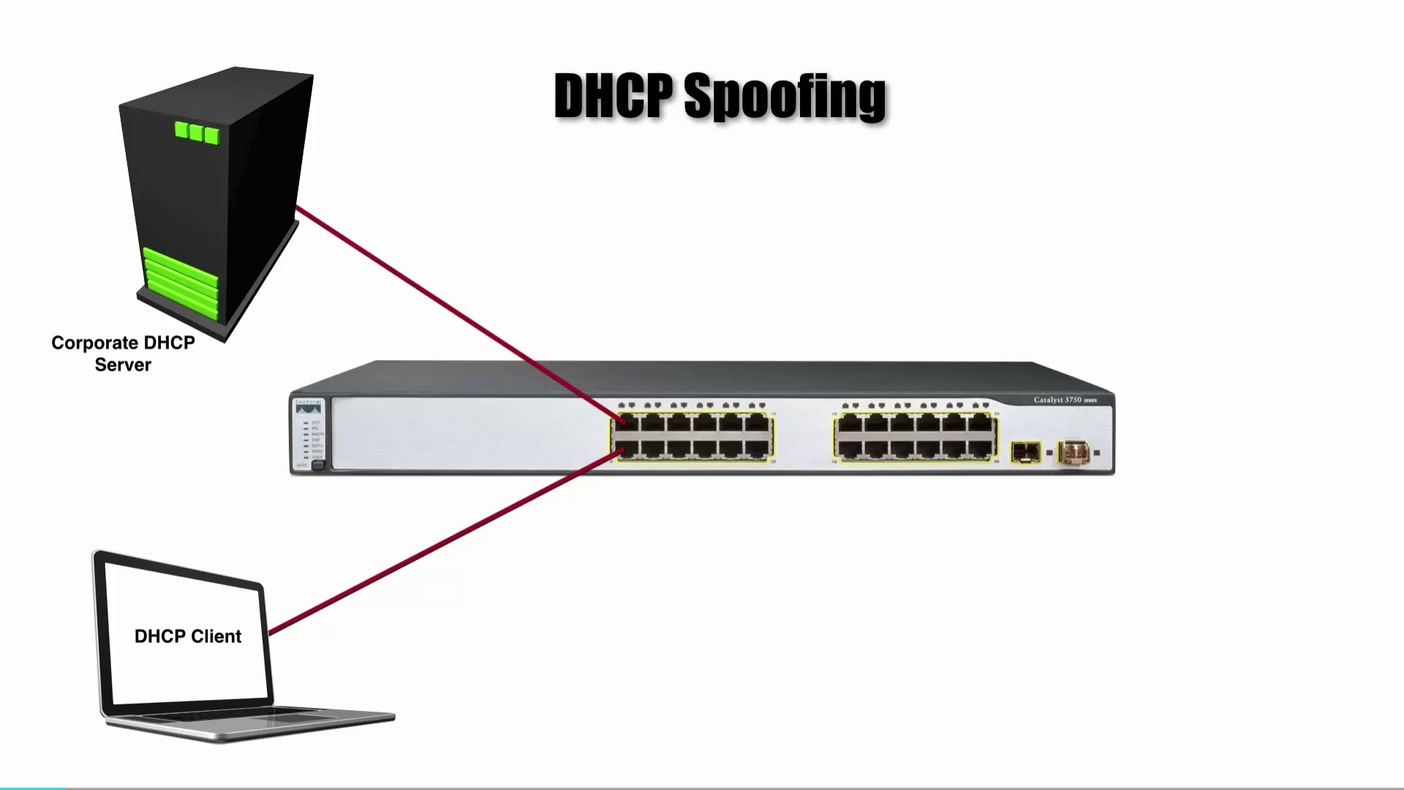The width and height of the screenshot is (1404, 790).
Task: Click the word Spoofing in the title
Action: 785,97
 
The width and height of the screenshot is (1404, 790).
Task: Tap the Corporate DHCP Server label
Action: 123,354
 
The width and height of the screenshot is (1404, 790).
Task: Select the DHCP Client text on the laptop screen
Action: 188,636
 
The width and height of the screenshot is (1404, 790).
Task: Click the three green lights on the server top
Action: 197,132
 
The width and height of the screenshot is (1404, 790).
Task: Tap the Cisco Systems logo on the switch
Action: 308,407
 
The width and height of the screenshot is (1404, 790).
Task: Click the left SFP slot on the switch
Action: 1025,452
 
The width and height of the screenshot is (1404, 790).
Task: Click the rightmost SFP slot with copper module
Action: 1073,453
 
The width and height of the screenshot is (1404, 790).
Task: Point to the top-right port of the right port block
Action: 979,424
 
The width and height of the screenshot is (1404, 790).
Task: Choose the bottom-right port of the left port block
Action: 756,448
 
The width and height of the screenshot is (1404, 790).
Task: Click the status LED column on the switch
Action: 306,439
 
